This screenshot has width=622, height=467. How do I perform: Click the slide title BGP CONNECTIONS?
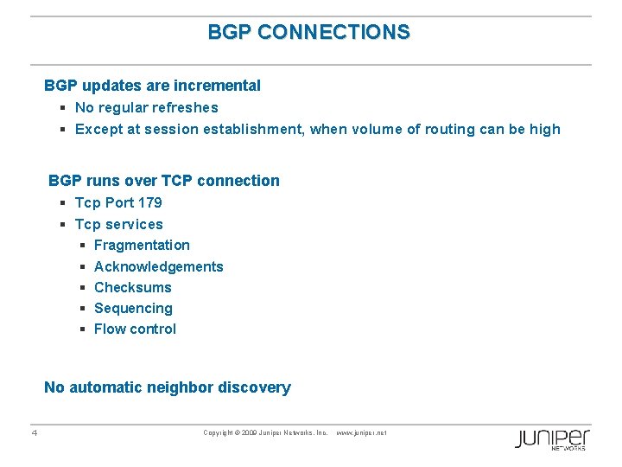(x=309, y=33)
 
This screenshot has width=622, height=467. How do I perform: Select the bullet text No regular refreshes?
(x=146, y=108)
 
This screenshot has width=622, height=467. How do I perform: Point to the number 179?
(x=149, y=203)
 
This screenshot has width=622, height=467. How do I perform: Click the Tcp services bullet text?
(x=118, y=224)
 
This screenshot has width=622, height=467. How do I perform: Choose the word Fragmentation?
(x=142, y=246)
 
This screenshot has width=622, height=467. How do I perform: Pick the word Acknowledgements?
(x=158, y=266)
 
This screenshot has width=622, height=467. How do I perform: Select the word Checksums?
(x=132, y=287)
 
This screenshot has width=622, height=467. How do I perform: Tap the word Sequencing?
(x=133, y=308)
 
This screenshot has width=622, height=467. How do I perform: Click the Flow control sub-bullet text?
(x=135, y=329)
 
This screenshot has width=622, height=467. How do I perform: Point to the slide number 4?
(x=34, y=433)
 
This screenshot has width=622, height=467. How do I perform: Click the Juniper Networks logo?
(x=553, y=438)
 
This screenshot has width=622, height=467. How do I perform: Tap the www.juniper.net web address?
(x=360, y=432)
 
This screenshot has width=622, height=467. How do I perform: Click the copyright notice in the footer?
(x=265, y=432)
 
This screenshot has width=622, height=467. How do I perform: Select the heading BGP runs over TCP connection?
(x=164, y=181)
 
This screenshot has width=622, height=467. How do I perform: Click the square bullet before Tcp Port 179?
(x=64, y=203)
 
